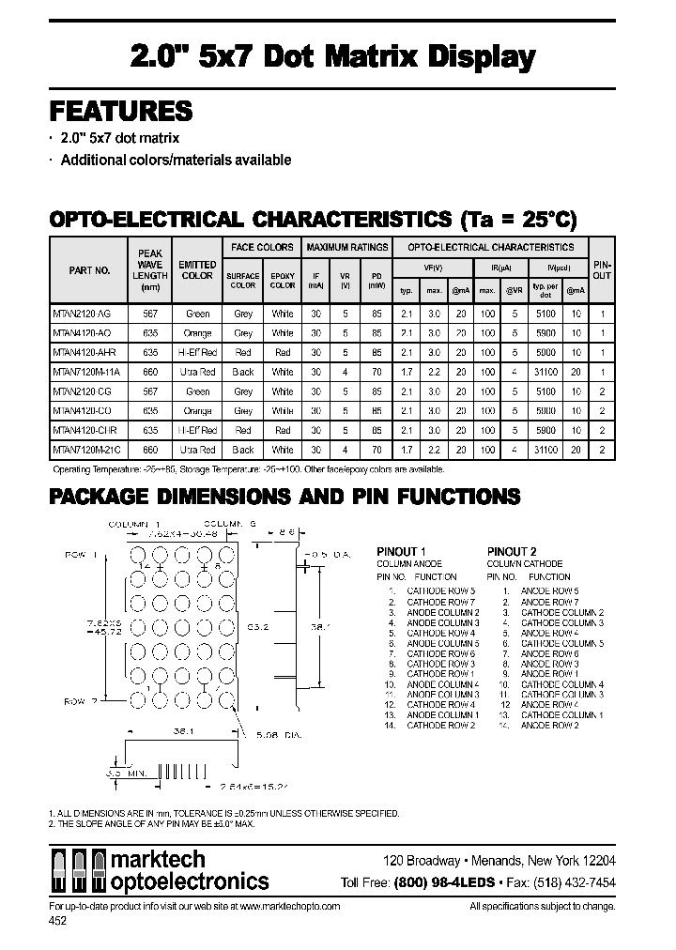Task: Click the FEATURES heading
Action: point(120,111)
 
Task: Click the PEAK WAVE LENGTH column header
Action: point(150,270)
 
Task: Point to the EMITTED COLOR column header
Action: point(197,270)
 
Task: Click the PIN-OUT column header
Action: point(602,270)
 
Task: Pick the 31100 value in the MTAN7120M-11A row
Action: point(545,372)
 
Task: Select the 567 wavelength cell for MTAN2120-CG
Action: point(150,391)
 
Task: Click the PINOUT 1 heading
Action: point(402,551)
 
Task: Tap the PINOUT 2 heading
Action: point(512,551)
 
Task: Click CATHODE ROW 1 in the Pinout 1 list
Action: point(440,674)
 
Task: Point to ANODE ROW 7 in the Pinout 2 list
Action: point(550,602)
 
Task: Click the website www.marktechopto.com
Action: point(290,907)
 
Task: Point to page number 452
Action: point(58,922)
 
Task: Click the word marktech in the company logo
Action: point(159,860)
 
